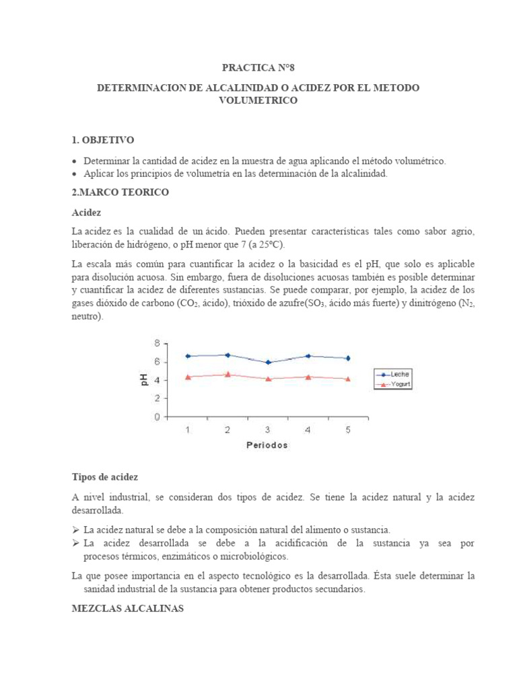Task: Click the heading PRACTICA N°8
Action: [258, 69]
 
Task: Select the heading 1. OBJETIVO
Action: [103, 140]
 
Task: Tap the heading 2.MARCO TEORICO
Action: [120, 192]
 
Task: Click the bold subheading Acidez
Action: [85, 213]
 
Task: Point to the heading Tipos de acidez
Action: [104, 477]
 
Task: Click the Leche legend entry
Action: [397, 374]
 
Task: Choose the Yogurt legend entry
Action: [397, 385]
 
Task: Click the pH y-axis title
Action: [144, 380]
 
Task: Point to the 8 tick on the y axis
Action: [157, 343]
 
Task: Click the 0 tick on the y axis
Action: [157, 417]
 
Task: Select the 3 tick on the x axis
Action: [268, 431]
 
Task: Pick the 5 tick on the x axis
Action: [348, 431]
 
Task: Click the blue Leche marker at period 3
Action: [268, 362]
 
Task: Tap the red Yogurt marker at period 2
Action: [228, 374]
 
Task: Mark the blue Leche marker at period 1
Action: [188, 356]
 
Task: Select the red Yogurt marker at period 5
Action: [348, 379]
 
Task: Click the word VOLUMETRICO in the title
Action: [258, 101]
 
